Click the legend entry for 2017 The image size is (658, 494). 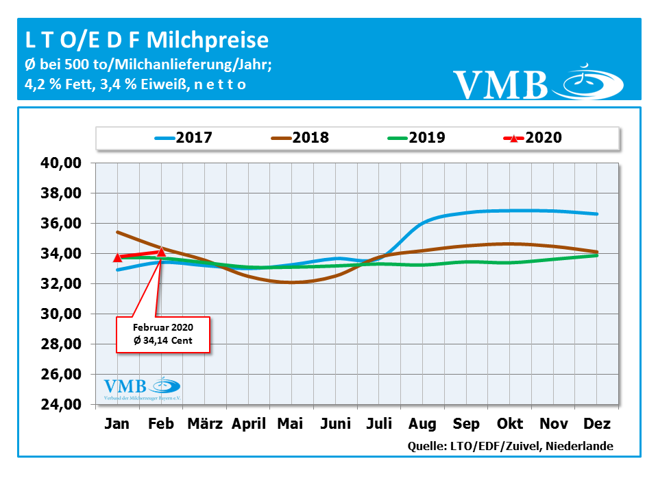tap(184, 137)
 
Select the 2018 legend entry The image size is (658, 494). tap(300, 137)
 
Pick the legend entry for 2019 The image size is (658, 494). tap(416, 137)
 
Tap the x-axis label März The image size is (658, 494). tap(205, 423)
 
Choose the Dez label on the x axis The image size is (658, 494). tap(596, 423)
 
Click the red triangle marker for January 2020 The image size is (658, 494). tap(118, 257)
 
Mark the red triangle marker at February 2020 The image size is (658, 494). tap(161, 252)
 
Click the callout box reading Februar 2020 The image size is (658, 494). tap(162, 334)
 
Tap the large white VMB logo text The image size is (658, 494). tap(501, 84)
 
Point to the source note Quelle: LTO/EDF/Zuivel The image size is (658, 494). tap(510, 446)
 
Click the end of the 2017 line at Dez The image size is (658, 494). tap(597, 214)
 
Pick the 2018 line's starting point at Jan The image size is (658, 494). tap(118, 232)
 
